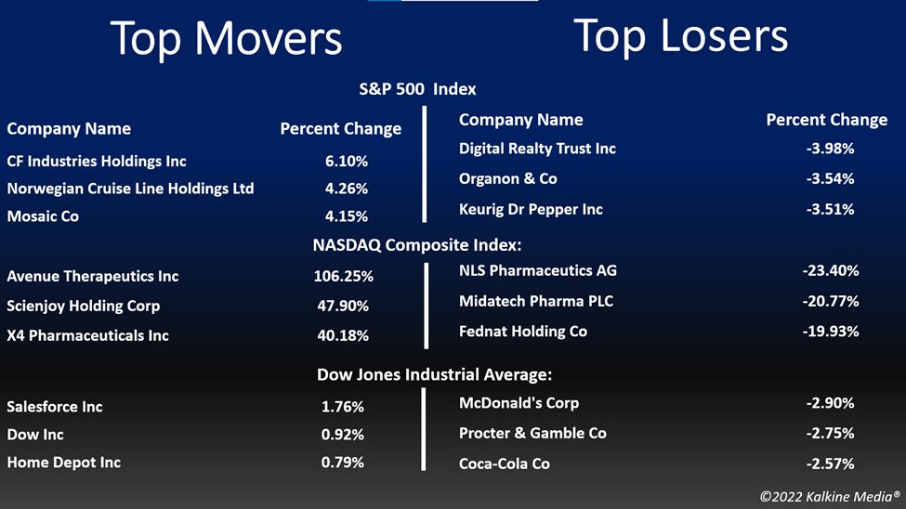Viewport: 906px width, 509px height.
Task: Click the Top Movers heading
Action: coord(226,39)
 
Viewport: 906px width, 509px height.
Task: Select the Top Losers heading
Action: coord(680,36)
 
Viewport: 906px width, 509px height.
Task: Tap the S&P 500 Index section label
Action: coord(418,89)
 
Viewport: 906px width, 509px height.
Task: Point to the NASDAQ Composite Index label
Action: coord(417,245)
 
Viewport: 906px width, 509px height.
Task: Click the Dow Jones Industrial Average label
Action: coord(435,375)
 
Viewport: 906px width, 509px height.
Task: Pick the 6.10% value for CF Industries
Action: coord(346,162)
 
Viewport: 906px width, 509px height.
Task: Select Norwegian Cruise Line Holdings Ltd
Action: coord(131,189)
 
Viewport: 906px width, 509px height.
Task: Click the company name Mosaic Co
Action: coord(43,216)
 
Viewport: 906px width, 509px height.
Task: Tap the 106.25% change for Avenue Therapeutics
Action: coord(343,276)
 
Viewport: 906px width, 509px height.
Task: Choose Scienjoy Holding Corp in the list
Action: coord(84,307)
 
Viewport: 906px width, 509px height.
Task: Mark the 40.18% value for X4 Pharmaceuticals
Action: coord(343,335)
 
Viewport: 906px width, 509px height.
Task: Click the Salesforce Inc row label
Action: coord(55,407)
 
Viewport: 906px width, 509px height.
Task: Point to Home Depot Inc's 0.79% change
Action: coord(343,463)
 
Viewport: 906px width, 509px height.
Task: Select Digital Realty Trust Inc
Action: coord(537,149)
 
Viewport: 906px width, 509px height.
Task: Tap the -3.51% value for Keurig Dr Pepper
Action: coord(831,209)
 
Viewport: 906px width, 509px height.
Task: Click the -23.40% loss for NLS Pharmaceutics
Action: coord(831,270)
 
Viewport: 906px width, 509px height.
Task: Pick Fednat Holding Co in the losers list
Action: coord(523,332)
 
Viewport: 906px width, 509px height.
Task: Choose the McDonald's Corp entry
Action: coord(519,403)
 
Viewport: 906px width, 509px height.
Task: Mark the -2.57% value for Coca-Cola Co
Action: coord(831,463)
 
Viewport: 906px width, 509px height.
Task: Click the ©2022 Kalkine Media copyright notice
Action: coord(830,496)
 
